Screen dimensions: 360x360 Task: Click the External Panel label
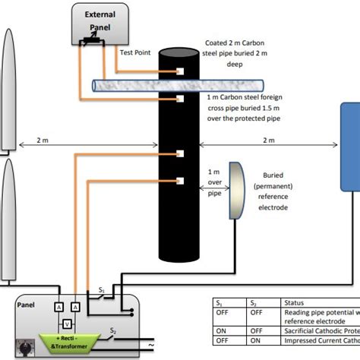click(100, 21)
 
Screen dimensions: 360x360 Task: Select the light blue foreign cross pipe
click(129, 86)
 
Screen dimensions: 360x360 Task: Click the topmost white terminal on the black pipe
click(181, 71)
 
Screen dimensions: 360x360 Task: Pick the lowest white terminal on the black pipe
click(181, 181)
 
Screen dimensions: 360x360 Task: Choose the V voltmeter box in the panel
click(67, 321)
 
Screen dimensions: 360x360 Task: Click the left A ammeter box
click(58, 306)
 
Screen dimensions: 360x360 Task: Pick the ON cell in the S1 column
click(222, 331)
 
